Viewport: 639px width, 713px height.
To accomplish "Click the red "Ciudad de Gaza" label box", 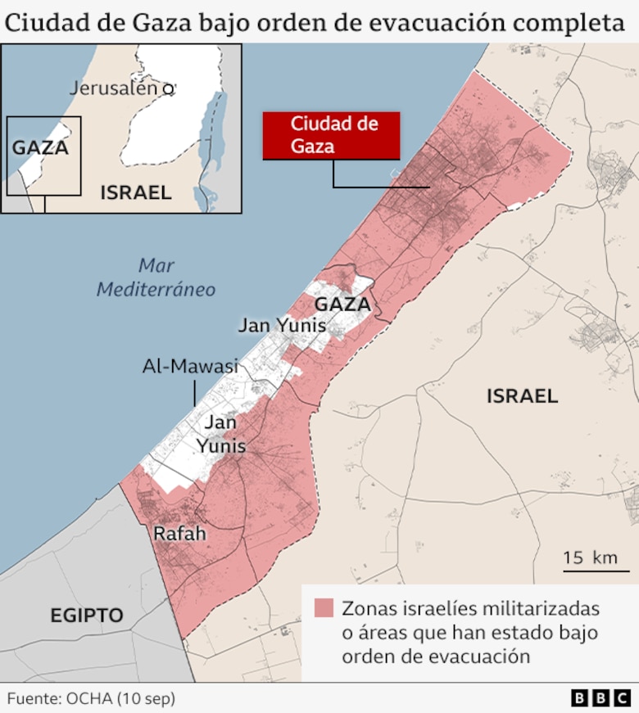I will tap(331, 135).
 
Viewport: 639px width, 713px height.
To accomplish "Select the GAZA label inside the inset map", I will tap(40, 148).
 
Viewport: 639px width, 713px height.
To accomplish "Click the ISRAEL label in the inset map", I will tap(136, 193).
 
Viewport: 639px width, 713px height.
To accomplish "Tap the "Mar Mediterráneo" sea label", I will tap(156, 278).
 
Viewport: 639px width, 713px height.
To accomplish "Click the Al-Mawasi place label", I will tap(190, 366).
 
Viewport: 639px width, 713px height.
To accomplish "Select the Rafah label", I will tap(179, 534).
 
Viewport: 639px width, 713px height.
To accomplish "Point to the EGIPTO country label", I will tap(86, 616).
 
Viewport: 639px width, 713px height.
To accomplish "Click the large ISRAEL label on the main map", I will tap(522, 397).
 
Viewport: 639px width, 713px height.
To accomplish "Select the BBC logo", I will tap(601, 698).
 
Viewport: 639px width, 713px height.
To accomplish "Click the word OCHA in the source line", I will tap(86, 699).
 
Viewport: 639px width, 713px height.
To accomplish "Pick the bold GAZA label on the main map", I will tap(342, 305).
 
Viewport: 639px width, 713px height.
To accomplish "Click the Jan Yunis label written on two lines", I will tap(220, 435).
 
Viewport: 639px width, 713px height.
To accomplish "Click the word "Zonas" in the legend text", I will tap(365, 609).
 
